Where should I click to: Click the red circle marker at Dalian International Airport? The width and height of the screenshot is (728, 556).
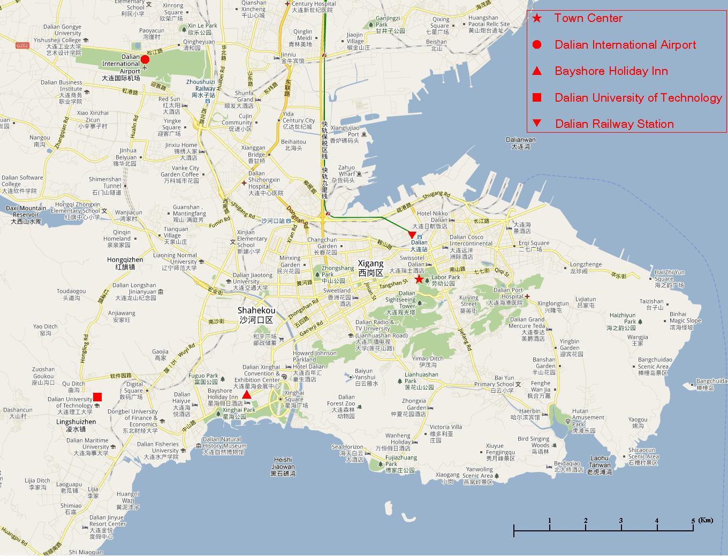145,59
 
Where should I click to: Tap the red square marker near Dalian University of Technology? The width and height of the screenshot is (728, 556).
97,397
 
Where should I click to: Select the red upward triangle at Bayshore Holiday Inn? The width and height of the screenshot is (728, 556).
246,395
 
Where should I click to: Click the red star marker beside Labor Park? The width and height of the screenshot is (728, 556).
419,279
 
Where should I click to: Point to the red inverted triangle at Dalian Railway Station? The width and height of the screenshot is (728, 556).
412,235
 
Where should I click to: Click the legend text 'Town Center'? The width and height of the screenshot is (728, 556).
588,18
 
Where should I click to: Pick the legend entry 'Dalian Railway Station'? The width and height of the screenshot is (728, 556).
614,124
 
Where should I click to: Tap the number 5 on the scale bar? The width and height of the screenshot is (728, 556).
693,521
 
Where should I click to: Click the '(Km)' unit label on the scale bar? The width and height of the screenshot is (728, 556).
706,520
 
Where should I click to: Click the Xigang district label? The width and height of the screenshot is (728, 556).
371,268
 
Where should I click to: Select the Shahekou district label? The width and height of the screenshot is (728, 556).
256,315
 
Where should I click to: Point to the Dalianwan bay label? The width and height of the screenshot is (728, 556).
520,143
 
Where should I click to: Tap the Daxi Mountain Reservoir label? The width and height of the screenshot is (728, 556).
26,214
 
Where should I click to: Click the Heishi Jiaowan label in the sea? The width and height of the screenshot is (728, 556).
283,466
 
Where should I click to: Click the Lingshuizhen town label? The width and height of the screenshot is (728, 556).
76,425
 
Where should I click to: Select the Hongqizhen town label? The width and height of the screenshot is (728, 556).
125,263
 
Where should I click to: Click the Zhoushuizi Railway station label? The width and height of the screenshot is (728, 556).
201,88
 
